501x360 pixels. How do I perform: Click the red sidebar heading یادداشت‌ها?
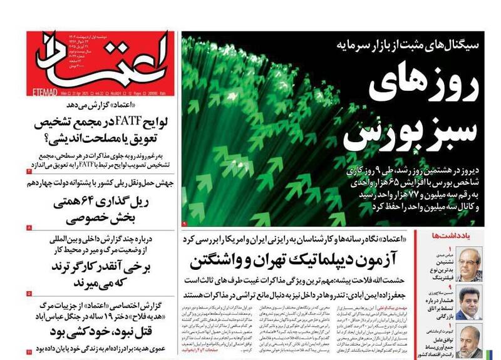click(451, 235)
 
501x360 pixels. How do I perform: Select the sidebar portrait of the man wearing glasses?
click(470, 264)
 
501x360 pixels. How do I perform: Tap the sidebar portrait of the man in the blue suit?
click(470, 303)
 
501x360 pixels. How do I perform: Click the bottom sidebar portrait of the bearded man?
click(470, 341)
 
